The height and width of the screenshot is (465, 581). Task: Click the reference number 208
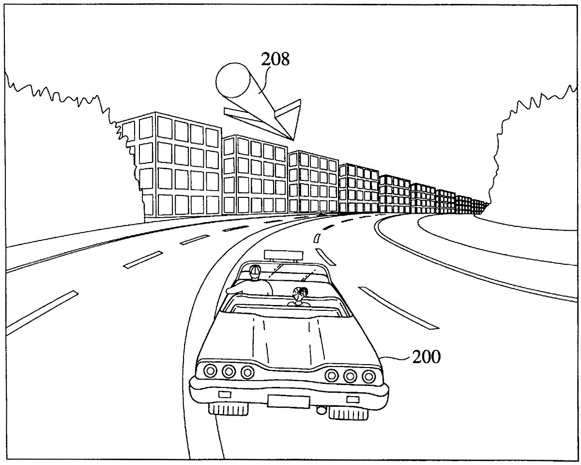point(275,60)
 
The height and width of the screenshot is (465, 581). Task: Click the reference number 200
point(426,358)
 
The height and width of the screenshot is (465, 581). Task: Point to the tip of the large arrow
point(293,139)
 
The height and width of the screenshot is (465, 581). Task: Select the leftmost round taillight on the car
point(211,371)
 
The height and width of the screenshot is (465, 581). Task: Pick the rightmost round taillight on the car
point(369,375)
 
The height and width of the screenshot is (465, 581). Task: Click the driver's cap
point(255,270)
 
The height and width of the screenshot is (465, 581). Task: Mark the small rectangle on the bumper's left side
point(224,394)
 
